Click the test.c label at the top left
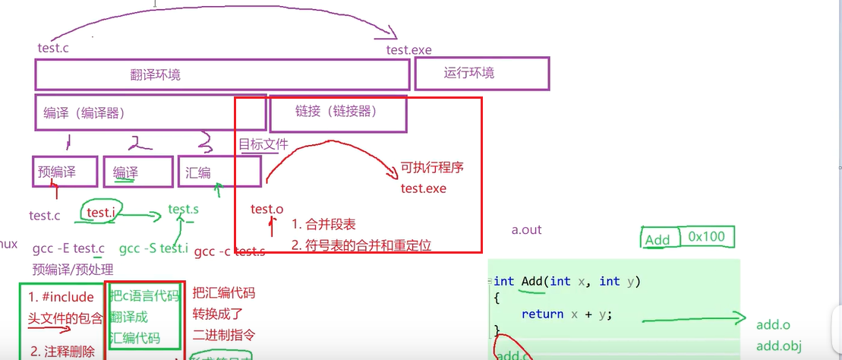[x=54, y=48]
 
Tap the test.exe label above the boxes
[x=408, y=50]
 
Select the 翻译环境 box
[x=222, y=75]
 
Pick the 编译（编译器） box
[x=150, y=112]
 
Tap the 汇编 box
[x=219, y=172]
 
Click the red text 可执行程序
[x=432, y=168]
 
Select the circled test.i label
[x=101, y=213]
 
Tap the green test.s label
[x=184, y=209]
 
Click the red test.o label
[x=266, y=209]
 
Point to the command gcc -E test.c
[x=68, y=248]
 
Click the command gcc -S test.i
[x=153, y=248]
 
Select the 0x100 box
[x=707, y=236]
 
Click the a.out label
[x=527, y=230]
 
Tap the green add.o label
[x=774, y=325]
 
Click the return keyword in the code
[x=542, y=314]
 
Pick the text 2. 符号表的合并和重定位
[x=361, y=245]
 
